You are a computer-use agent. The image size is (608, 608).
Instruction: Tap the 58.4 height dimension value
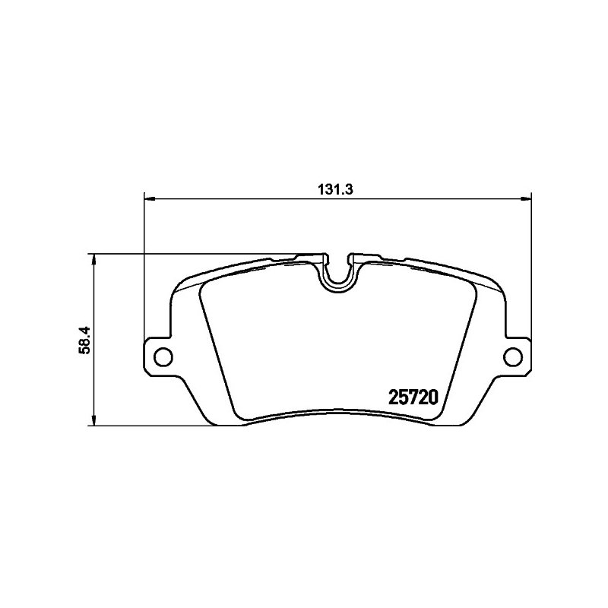tap(84, 340)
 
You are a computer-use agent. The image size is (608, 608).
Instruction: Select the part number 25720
tap(413, 397)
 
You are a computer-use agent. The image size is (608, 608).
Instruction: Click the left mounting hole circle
tap(163, 356)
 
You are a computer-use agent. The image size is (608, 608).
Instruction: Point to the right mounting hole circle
tap(513, 356)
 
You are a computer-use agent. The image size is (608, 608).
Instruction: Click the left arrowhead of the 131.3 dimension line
tap(149, 199)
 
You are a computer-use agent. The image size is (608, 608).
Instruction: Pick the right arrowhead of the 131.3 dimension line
tap(526, 199)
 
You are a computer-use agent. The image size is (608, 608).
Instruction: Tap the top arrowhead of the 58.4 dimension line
tap(93, 260)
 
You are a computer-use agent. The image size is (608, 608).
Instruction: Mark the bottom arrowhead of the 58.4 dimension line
tap(93, 420)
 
